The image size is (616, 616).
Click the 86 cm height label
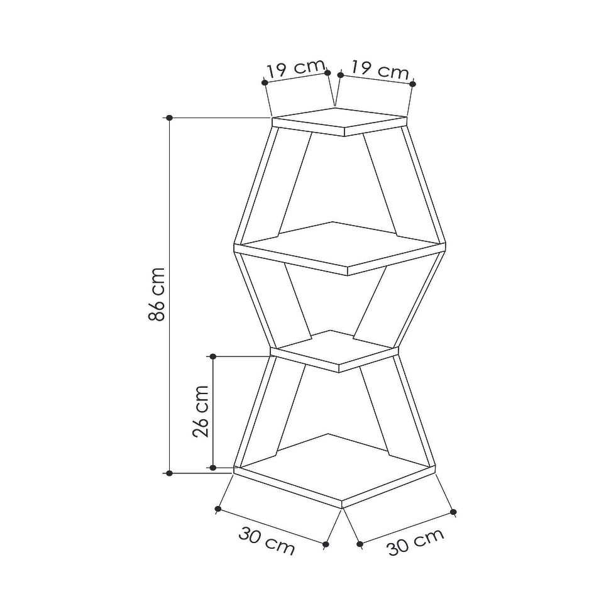click(x=157, y=294)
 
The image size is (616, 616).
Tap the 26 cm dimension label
click(x=201, y=411)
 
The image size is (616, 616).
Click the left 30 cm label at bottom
click(x=267, y=541)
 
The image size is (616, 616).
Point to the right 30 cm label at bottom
click(x=415, y=542)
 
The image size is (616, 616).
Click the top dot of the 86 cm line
click(x=169, y=118)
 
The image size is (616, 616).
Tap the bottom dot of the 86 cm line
click(x=169, y=473)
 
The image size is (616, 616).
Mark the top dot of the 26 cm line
click(x=213, y=356)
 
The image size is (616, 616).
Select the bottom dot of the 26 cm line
click(x=213, y=468)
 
